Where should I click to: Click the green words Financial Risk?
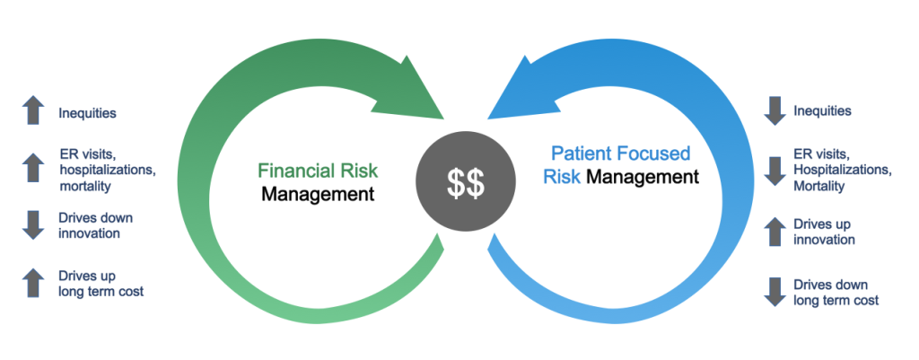[x=319, y=171]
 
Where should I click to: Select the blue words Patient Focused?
[x=621, y=154]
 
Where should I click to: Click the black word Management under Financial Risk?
[x=317, y=194]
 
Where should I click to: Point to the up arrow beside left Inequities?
[x=33, y=110]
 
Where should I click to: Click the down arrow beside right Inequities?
[x=775, y=111]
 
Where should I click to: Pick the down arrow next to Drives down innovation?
[x=33, y=225]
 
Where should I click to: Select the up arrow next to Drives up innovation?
[x=775, y=231]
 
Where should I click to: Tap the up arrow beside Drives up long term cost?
[x=33, y=283]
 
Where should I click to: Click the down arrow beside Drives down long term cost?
[x=775, y=292]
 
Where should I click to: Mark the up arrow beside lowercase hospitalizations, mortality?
[x=33, y=168]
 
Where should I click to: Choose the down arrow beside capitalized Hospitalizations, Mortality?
[x=775, y=171]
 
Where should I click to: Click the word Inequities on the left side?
[x=87, y=113]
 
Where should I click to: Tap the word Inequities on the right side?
[x=822, y=110]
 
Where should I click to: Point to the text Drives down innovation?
[x=95, y=225]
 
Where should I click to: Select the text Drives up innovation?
[x=824, y=232]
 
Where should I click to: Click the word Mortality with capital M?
[x=819, y=187]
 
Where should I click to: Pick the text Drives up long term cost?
[x=101, y=283]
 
